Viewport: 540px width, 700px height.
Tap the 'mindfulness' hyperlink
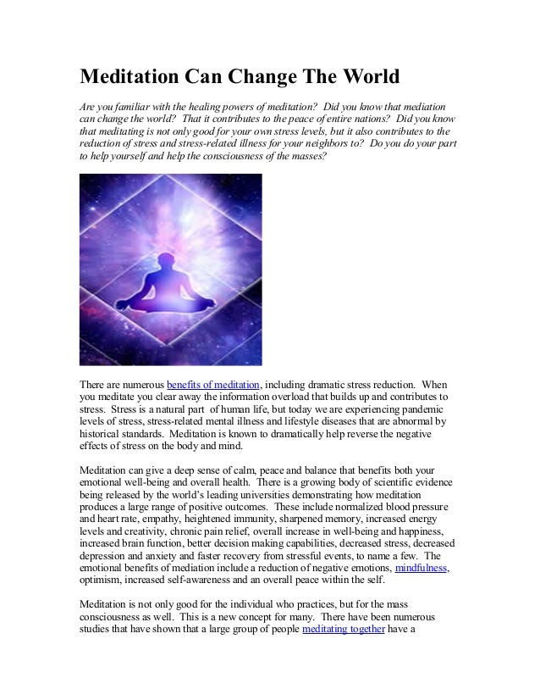click(x=422, y=567)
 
